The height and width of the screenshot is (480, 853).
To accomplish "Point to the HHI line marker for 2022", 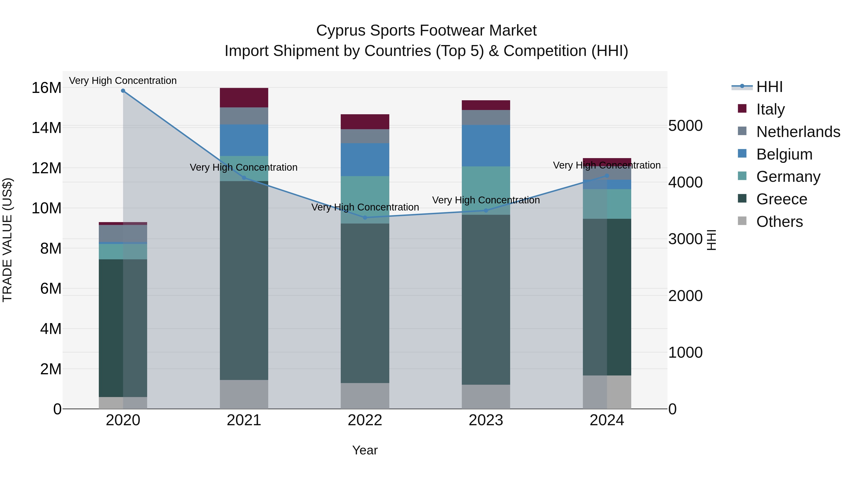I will pos(365,217).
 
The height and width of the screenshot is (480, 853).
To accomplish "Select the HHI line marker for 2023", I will pos(486,210).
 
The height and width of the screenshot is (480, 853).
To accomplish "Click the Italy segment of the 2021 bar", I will pos(244,97).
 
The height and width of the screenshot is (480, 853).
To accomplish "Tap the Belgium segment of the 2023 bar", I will pos(486,146).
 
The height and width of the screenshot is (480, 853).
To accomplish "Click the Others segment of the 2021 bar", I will pos(244,394).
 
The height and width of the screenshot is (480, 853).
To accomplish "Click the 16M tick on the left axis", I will pos(46,88).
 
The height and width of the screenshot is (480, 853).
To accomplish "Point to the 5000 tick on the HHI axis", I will pos(685,126).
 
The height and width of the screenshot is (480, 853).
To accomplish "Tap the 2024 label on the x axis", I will pos(607,420).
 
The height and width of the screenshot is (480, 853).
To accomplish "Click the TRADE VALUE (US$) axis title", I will pos(7,240).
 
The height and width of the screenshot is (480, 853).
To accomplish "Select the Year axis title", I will pos(365,450).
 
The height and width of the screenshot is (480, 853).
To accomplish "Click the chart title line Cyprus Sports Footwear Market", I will pos(426,31).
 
